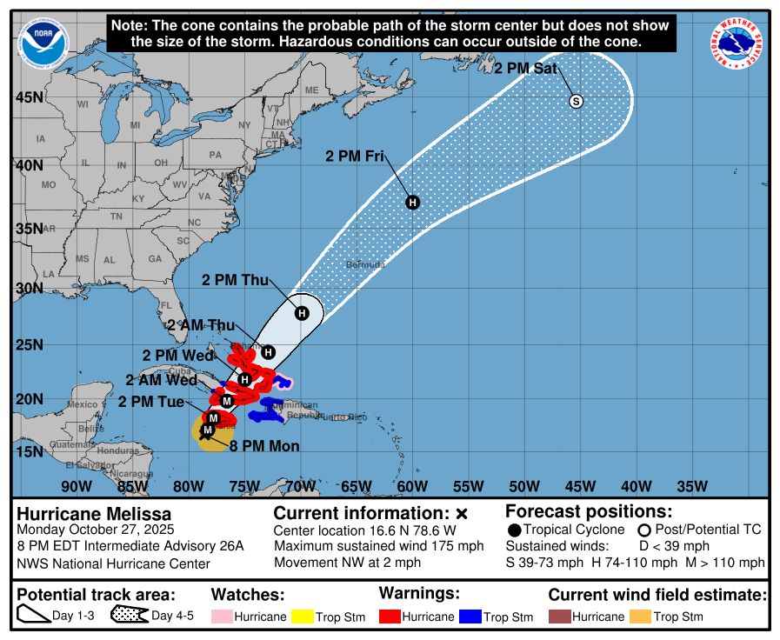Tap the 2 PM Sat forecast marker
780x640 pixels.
pyautogui.click(x=576, y=102)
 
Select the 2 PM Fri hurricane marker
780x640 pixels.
pyautogui.click(x=413, y=203)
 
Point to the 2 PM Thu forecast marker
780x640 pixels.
pyautogui.click(x=301, y=313)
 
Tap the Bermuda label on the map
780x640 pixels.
pyautogui.click(x=364, y=263)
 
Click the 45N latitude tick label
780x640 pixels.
pyautogui.click(x=29, y=97)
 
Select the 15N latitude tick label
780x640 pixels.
pyautogui.click(x=29, y=452)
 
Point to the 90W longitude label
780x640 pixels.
pyautogui.click(x=76, y=486)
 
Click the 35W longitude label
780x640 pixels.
pyautogui.click(x=691, y=486)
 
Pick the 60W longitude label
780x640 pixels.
pyautogui.click(x=411, y=486)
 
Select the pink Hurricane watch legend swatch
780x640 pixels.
pyautogui.click(x=223, y=617)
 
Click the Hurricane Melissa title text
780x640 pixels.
pyautogui.click(x=94, y=514)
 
